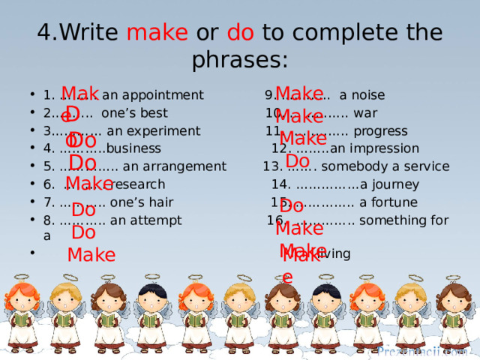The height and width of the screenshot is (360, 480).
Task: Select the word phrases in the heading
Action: pos(240,59)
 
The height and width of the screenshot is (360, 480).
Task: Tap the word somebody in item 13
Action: pos(352,166)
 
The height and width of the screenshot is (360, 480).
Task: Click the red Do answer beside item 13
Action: pos(298,161)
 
